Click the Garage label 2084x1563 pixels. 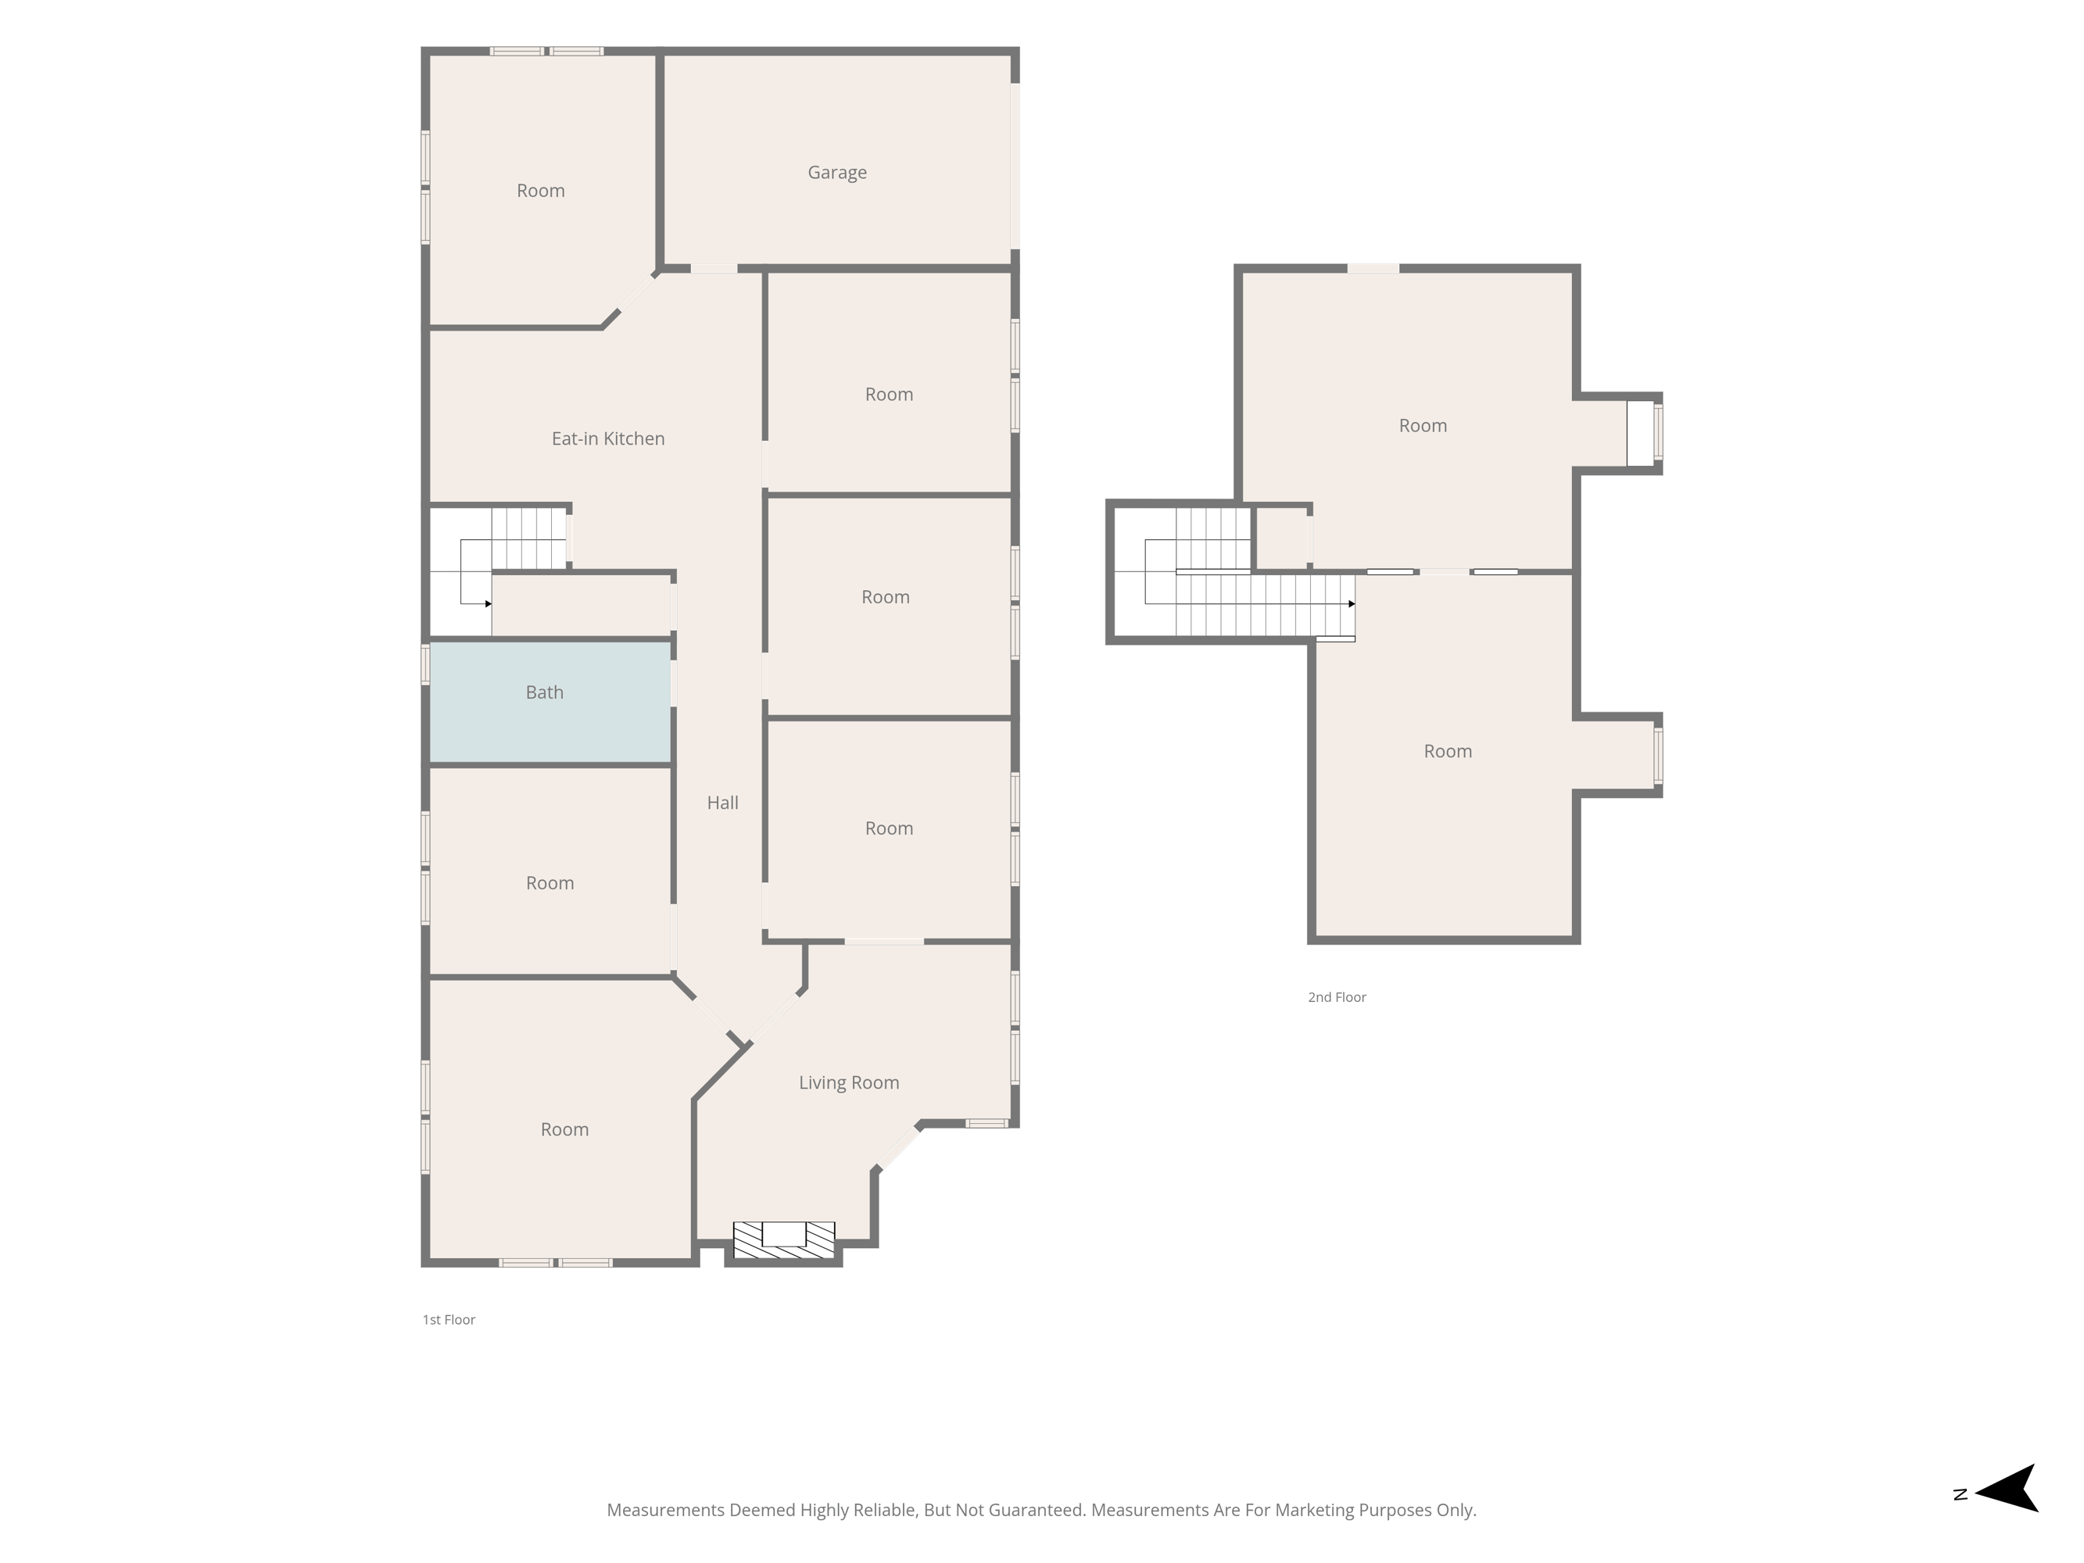836,173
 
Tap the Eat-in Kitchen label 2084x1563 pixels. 607,438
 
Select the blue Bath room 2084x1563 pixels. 550,702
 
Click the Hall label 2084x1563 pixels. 722,803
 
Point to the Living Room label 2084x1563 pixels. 849,1082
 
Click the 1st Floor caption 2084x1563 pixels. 449,1320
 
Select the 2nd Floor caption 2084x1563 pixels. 1336,996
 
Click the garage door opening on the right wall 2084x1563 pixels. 1015,166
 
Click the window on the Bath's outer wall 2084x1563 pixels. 426,663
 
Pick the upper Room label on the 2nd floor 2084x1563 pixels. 1423,426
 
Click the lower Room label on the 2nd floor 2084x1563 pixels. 1447,751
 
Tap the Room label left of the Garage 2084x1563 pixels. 541,191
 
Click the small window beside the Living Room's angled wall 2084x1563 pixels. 986,1123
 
